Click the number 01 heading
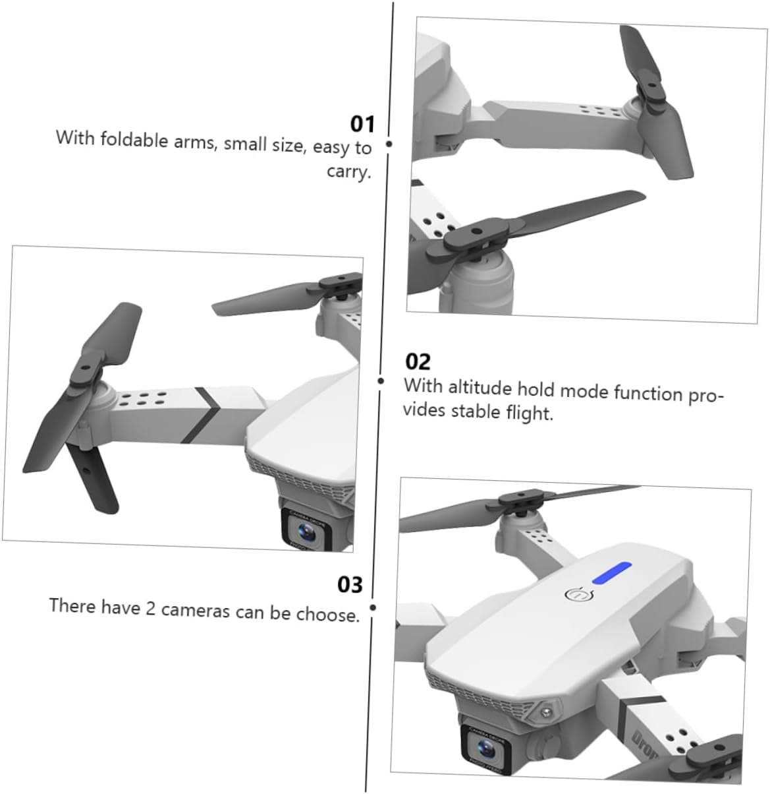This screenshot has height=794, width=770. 362,124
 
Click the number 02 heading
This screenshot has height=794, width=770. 418,361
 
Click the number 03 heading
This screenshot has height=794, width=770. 350,585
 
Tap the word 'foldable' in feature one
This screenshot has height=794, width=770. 134,140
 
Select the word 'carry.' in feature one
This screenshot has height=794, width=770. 349,171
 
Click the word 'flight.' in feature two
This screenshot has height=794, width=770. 530,413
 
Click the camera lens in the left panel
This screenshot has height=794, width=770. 306,531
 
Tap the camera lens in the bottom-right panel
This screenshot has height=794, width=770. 485,747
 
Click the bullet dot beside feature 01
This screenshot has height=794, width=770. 389,144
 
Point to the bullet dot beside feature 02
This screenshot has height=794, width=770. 381,381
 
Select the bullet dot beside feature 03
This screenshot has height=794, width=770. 373,608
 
